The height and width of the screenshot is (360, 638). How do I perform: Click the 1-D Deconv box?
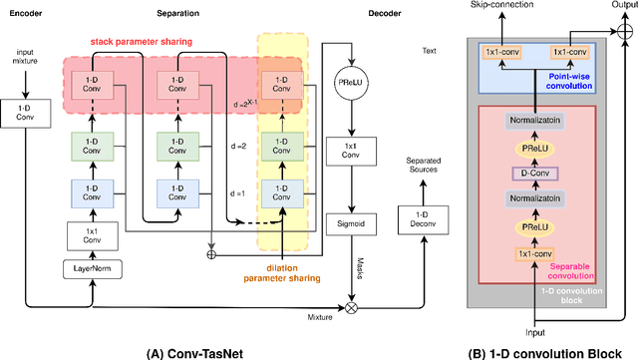[419, 216]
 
